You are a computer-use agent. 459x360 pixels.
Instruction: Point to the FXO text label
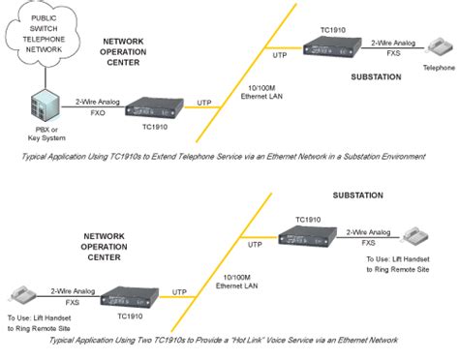(96, 113)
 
